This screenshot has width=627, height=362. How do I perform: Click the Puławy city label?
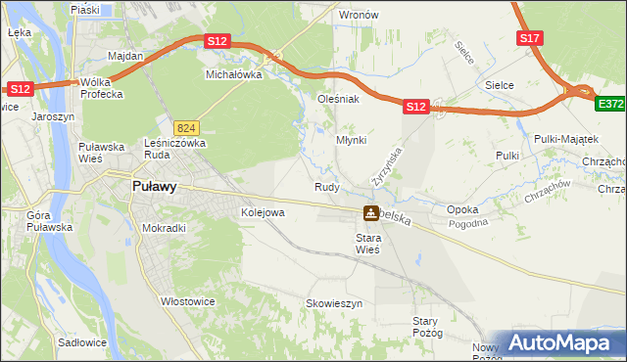(x=154, y=189)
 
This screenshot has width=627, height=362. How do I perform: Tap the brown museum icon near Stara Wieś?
(x=370, y=213)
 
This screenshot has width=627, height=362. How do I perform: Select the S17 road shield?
(x=529, y=38)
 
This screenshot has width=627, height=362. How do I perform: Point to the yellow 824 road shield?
(x=187, y=127)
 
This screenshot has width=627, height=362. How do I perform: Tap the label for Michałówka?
(x=232, y=73)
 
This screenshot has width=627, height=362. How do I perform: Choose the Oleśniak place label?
(x=339, y=99)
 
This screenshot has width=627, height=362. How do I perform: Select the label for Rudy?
(x=326, y=187)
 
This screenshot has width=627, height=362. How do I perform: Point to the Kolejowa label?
(x=263, y=211)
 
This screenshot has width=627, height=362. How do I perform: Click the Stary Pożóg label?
(x=427, y=327)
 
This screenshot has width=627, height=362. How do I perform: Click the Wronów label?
(x=358, y=16)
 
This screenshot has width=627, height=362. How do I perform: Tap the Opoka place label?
(x=461, y=209)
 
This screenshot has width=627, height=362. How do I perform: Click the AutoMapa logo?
(x=561, y=342)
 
